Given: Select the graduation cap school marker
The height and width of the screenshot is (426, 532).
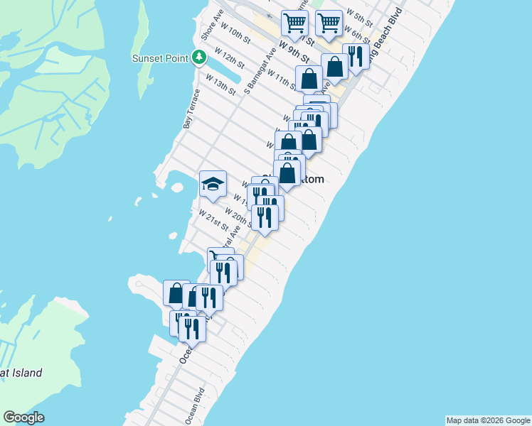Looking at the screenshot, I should pos(213,184).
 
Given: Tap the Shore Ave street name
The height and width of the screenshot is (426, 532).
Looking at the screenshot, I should pos(208,25).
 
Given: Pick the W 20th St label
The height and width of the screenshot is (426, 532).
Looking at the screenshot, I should pos(238,216).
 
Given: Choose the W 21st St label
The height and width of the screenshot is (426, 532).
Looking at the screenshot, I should pos(213,221).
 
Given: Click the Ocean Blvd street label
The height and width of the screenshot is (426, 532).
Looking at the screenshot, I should pos(195,405).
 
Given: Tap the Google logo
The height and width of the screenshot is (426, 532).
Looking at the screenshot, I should pos(23,417).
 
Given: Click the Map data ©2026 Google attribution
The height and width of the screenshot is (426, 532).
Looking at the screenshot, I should pos(488,420).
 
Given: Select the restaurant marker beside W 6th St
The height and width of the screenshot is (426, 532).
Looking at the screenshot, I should pos(355,57).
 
